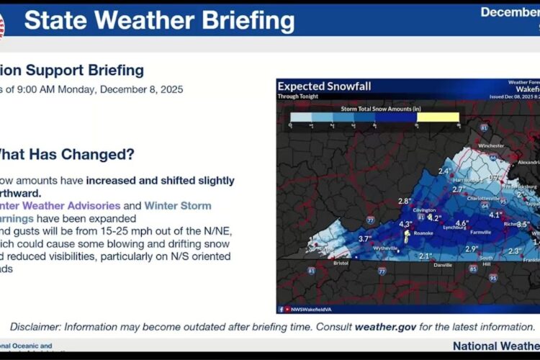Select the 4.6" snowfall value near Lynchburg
[x=462, y=223]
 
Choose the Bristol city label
[x=341, y=264]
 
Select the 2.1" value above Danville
[x=426, y=256]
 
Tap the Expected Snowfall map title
[x=324, y=86]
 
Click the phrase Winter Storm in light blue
[x=178, y=205]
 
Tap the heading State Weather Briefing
[x=159, y=20]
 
